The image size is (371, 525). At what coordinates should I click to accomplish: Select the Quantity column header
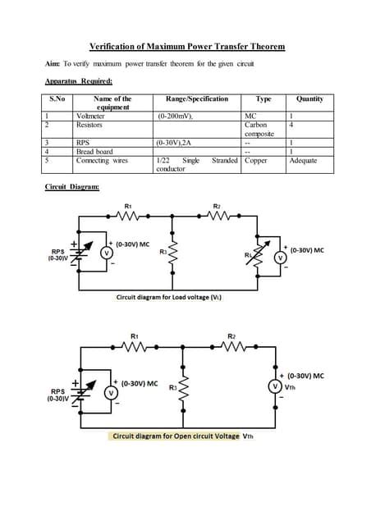309,99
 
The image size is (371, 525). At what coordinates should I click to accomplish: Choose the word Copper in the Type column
256,160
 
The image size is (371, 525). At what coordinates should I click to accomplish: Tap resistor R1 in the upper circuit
129,217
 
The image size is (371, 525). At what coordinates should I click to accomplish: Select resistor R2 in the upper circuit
217,217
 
